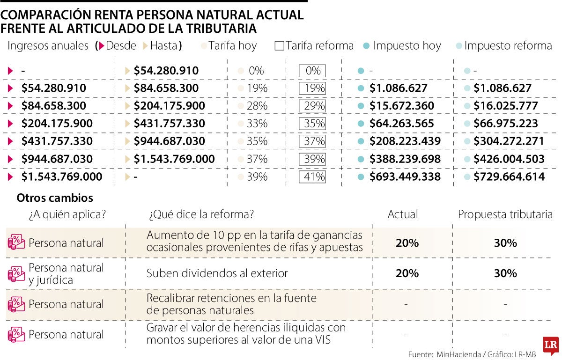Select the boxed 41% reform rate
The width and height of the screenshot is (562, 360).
[x=312, y=177]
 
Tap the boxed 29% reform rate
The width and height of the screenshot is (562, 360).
[x=312, y=106]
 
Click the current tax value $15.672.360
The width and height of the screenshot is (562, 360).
[x=401, y=106]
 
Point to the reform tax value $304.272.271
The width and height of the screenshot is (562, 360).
[x=509, y=141]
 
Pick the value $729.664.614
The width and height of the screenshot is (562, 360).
[x=509, y=177]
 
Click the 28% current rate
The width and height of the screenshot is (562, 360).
[x=257, y=106]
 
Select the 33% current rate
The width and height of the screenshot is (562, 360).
[x=257, y=124]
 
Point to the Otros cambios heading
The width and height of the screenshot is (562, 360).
[x=55, y=198]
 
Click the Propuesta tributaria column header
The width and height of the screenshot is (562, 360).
[x=505, y=214]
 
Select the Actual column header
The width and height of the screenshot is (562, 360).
[x=403, y=214]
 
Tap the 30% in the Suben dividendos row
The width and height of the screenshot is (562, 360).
[x=505, y=273]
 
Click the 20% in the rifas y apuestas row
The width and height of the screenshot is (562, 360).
[x=407, y=243]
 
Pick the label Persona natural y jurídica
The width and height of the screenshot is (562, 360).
[x=66, y=273]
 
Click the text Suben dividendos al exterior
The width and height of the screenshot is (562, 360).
[x=217, y=273]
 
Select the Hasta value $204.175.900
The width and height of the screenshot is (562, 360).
[x=169, y=106]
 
